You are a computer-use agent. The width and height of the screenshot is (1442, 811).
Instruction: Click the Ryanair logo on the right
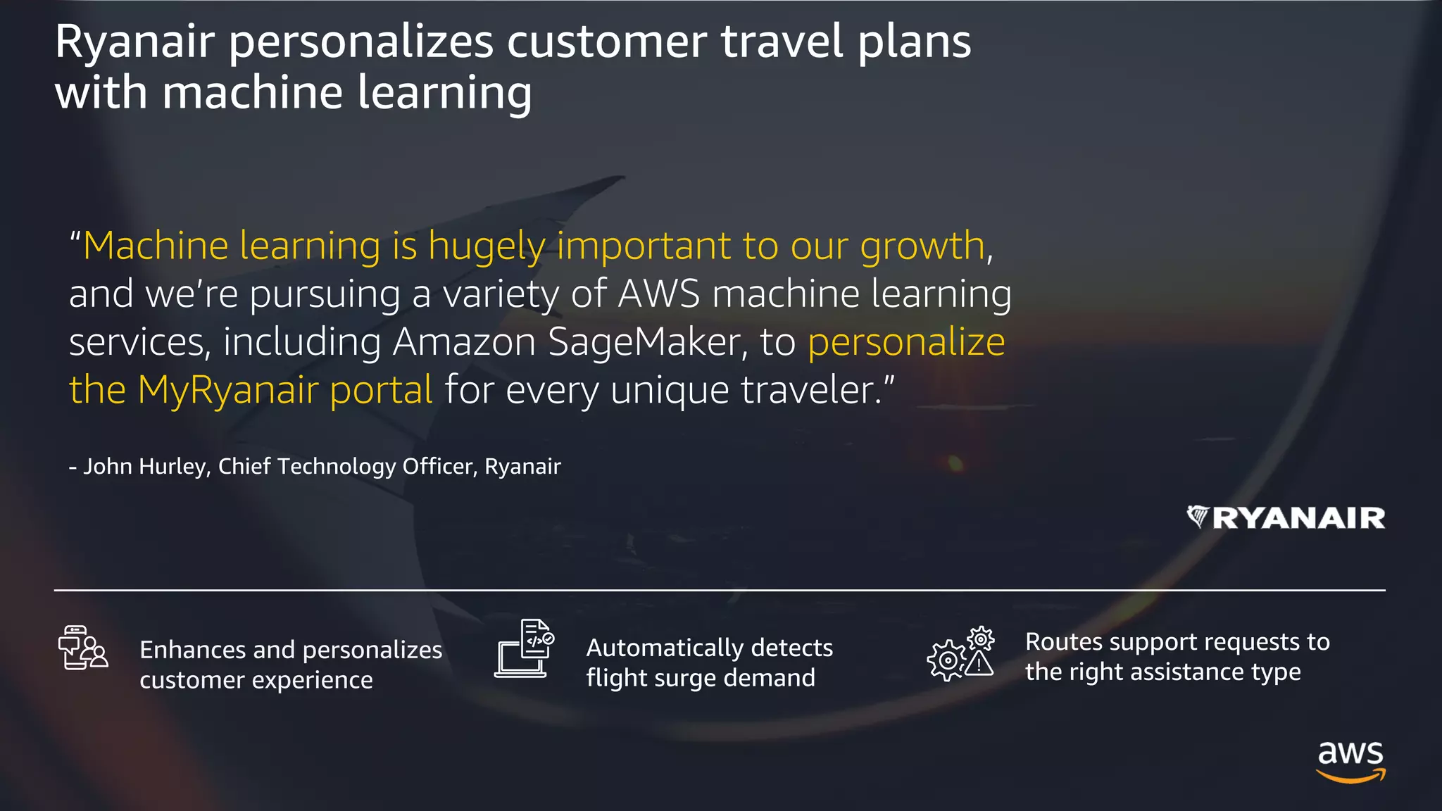[1286, 517]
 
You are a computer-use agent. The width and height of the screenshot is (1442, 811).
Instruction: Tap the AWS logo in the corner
[1350, 761]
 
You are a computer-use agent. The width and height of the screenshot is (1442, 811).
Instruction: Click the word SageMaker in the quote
[644, 342]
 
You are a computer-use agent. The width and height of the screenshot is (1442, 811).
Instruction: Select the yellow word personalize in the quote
[906, 342]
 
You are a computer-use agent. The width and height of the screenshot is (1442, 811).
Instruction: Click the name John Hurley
[144, 466]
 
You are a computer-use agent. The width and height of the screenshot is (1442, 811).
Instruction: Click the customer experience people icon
[82, 648]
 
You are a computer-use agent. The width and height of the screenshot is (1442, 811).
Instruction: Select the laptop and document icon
[524, 648]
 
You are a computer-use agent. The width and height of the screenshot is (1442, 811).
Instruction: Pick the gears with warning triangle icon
[960, 654]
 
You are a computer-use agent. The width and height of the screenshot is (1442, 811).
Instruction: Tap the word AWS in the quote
[659, 294]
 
